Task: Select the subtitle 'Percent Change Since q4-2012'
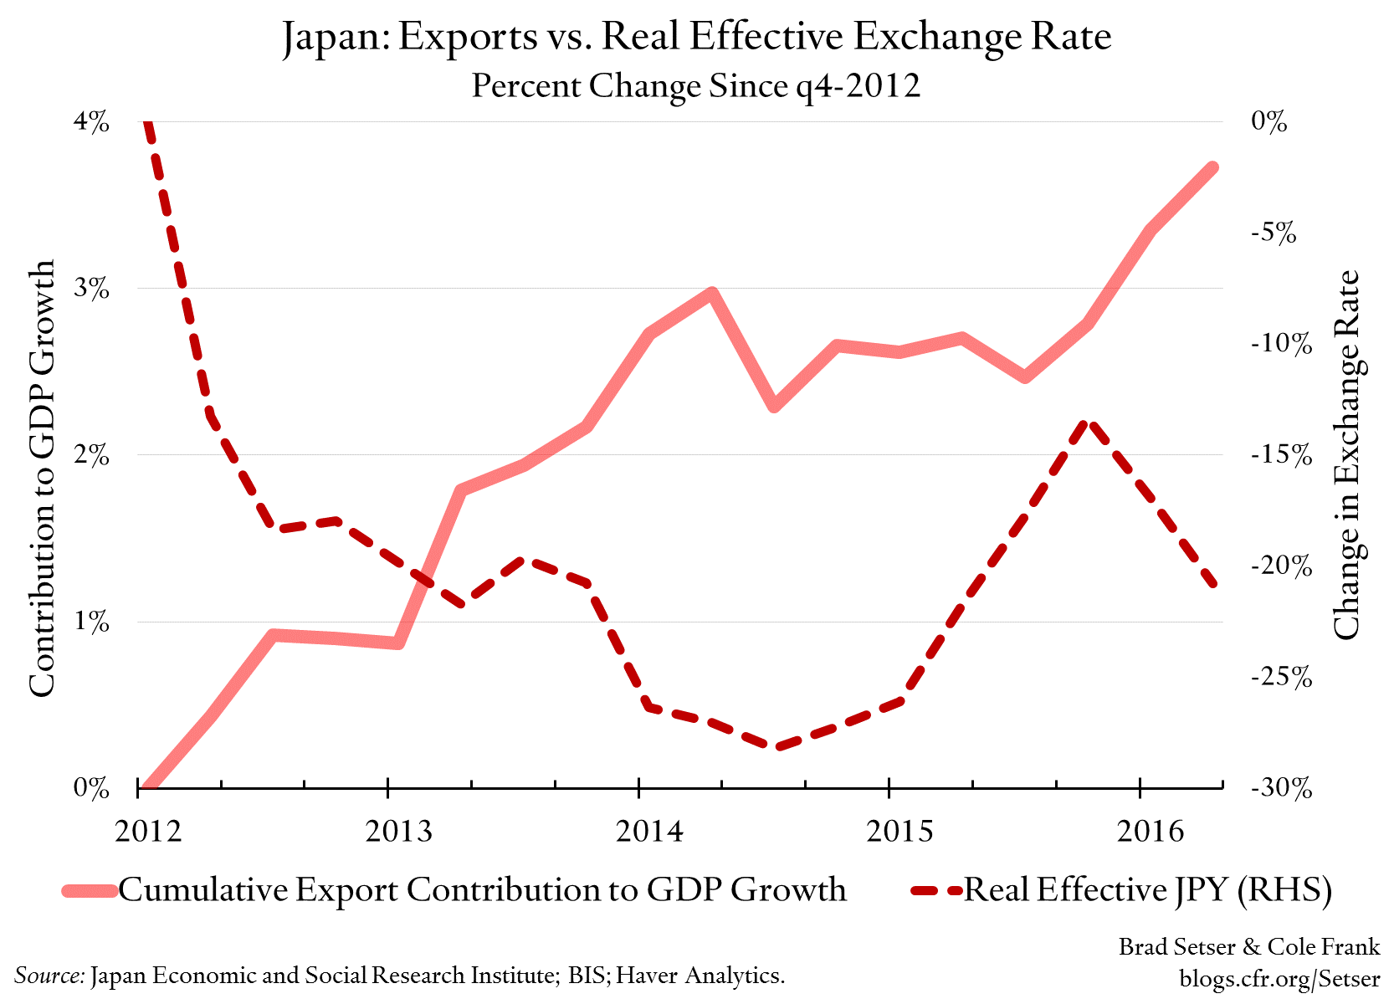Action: pyautogui.click(x=695, y=86)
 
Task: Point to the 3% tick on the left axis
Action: pyautogui.click(x=91, y=289)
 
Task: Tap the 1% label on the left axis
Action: pyautogui.click(x=91, y=622)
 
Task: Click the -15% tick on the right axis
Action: pyautogui.click(x=1280, y=455)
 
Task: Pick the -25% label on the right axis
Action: pyautogui.click(x=1280, y=677)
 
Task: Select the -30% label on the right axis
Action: pyautogui.click(x=1280, y=788)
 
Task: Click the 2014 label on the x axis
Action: pyautogui.click(x=649, y=831)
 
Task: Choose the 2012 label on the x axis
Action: pyautogui.click(x=148, y=831)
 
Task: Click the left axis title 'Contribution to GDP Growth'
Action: pyautogui.click(x=41, y=477)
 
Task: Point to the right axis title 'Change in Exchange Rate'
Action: pyautogui.click(x=1346, y=455)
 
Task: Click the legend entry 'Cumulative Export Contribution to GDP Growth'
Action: pyautogui.click(x=482, y=889)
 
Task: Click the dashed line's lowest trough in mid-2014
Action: pyautogui.click(x=776, y=746)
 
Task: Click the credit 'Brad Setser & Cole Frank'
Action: pyautogui.click(x=1248, y=946)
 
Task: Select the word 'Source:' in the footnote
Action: pyautogui.click(x=49, y=976)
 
